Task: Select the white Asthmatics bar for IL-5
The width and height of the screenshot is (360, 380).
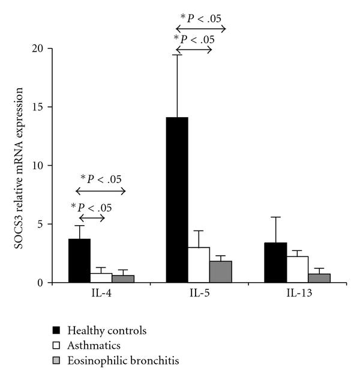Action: [x=199, y=265]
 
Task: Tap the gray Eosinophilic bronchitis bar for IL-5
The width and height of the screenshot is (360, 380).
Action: [x=220, y=271]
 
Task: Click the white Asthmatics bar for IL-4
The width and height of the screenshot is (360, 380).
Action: [x=101, y=277]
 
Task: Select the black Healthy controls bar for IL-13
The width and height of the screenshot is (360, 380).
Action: [x=275, y=262]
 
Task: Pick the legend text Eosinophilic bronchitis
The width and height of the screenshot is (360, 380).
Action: [x=124, y=360]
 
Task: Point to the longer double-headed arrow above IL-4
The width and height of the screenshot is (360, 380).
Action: [x=101, y=191]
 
